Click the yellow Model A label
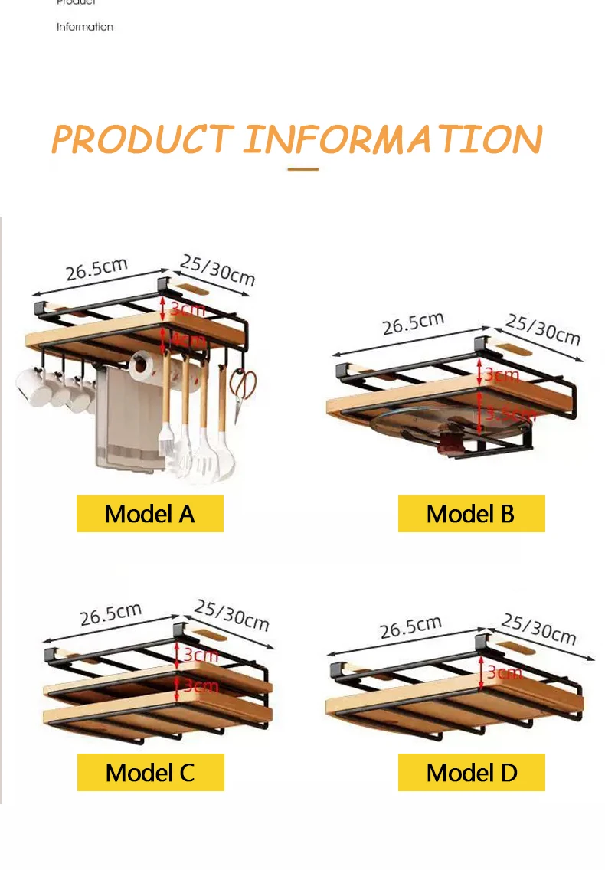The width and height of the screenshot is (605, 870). [x=149, y=513]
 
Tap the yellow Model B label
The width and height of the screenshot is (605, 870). [x=471, y=513]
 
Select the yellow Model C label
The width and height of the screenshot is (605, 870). [x=150, y=772]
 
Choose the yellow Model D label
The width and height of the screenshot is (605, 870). [x=471, y=772]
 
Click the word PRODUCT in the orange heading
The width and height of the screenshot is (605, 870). [x=142, y=139]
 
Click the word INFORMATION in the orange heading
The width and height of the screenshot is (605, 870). [x=393, y=139]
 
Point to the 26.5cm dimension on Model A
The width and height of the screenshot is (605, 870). [x=96, y=270]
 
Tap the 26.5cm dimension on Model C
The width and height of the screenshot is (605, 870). [x=111, y=613]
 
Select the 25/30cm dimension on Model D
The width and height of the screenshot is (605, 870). [x=538, y=628]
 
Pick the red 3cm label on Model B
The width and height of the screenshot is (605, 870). [x=502, y=374]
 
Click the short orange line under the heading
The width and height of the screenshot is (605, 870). [x=303, y=169]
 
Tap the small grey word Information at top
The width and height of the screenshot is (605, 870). [x=85, y=27]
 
